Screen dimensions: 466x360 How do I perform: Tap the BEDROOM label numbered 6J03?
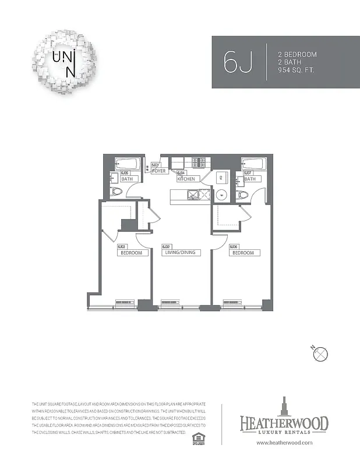(x=132, y=253)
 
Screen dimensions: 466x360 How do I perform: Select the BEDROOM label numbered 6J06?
(x=243, y=253)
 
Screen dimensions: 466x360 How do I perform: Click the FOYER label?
(x=160, y=171)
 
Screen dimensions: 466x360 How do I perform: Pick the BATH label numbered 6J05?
(x=126, y=179)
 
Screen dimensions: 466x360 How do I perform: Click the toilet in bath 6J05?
(x=115, y=191)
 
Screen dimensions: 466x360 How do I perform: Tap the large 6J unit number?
(x=238, y=62)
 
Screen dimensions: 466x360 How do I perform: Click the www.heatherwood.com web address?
(x=285, y=443)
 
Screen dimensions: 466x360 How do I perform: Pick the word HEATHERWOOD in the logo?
(x=284, y=422)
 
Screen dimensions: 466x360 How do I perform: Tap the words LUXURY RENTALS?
(x=284, y=432)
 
